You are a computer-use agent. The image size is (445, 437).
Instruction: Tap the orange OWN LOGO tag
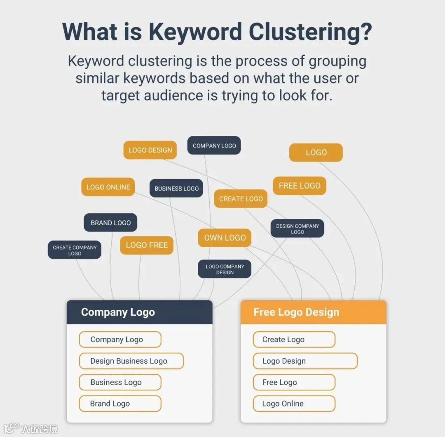tap(225, 238)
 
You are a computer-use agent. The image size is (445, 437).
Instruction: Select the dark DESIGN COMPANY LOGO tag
tap(297, 229)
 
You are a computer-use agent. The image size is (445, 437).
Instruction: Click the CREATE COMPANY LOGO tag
tap(75, 250)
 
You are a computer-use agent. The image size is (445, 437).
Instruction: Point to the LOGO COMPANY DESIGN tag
tap(225, 269)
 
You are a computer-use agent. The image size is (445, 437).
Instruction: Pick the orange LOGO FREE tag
tap(147, 245)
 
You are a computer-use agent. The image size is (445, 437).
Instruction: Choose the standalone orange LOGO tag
tap(316, 152)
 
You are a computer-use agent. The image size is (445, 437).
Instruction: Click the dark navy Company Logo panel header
tap(139, 312)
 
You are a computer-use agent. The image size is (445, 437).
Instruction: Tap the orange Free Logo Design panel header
tap(313, 312)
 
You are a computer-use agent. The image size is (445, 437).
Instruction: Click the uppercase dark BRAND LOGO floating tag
tap(110, 223)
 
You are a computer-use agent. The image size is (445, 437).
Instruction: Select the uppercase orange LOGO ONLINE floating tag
tap(108, 187)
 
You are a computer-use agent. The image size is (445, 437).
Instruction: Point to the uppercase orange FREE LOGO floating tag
tap(300, 186)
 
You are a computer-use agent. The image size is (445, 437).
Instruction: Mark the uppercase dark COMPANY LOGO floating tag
tap(214, 145)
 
